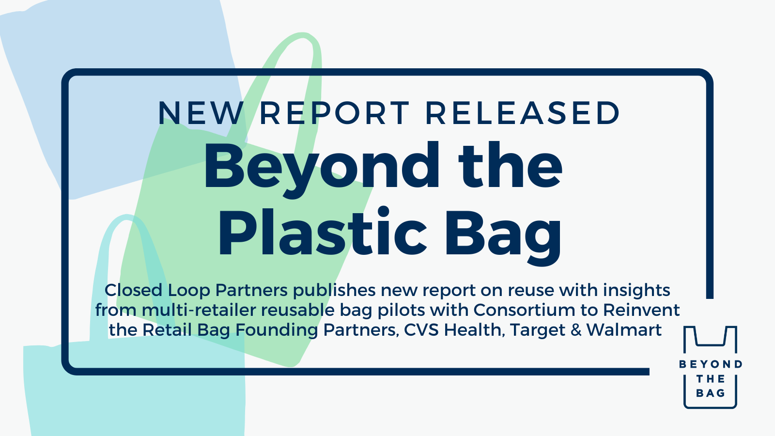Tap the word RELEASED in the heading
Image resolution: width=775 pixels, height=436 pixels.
click(523, 113)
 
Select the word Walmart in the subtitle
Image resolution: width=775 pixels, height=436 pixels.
click(624, 330)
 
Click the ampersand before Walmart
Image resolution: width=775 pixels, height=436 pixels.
click(576, 330)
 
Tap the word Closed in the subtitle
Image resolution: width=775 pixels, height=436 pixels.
click(133, 290)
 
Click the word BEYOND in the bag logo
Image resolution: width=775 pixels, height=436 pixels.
click(711, 364)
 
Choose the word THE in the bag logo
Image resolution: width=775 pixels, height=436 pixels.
click(711, 379)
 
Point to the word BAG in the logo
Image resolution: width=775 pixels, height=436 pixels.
click(711, 393)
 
